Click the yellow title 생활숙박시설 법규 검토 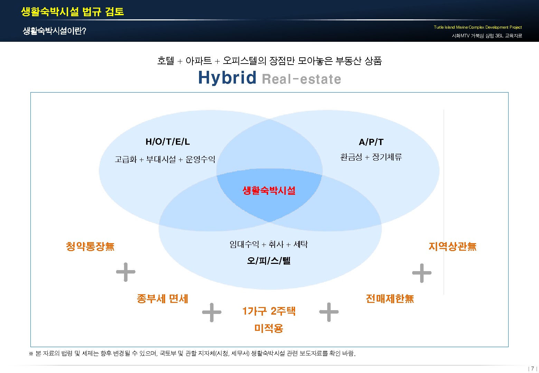(72, 12)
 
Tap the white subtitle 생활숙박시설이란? (54, 31)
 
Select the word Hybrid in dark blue (227, 78)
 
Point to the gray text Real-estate (301, 79)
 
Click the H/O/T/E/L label (168, 142)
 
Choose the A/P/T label (371, 142)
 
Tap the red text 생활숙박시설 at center (269, 190)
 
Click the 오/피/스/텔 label (269, 261)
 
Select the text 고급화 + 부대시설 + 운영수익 (165, 160)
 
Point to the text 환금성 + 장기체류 (371, 157)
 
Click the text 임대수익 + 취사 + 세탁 (268, 245)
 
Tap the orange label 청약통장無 (90, 247)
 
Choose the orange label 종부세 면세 (162, 299)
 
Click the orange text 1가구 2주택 (269, 311)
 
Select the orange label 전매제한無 (390, 299)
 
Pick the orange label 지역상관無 (452, 247)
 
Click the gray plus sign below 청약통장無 (126, 272)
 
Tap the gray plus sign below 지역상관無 (422, 273)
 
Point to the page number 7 (532, 369)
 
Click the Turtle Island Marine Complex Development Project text (477, 27)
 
